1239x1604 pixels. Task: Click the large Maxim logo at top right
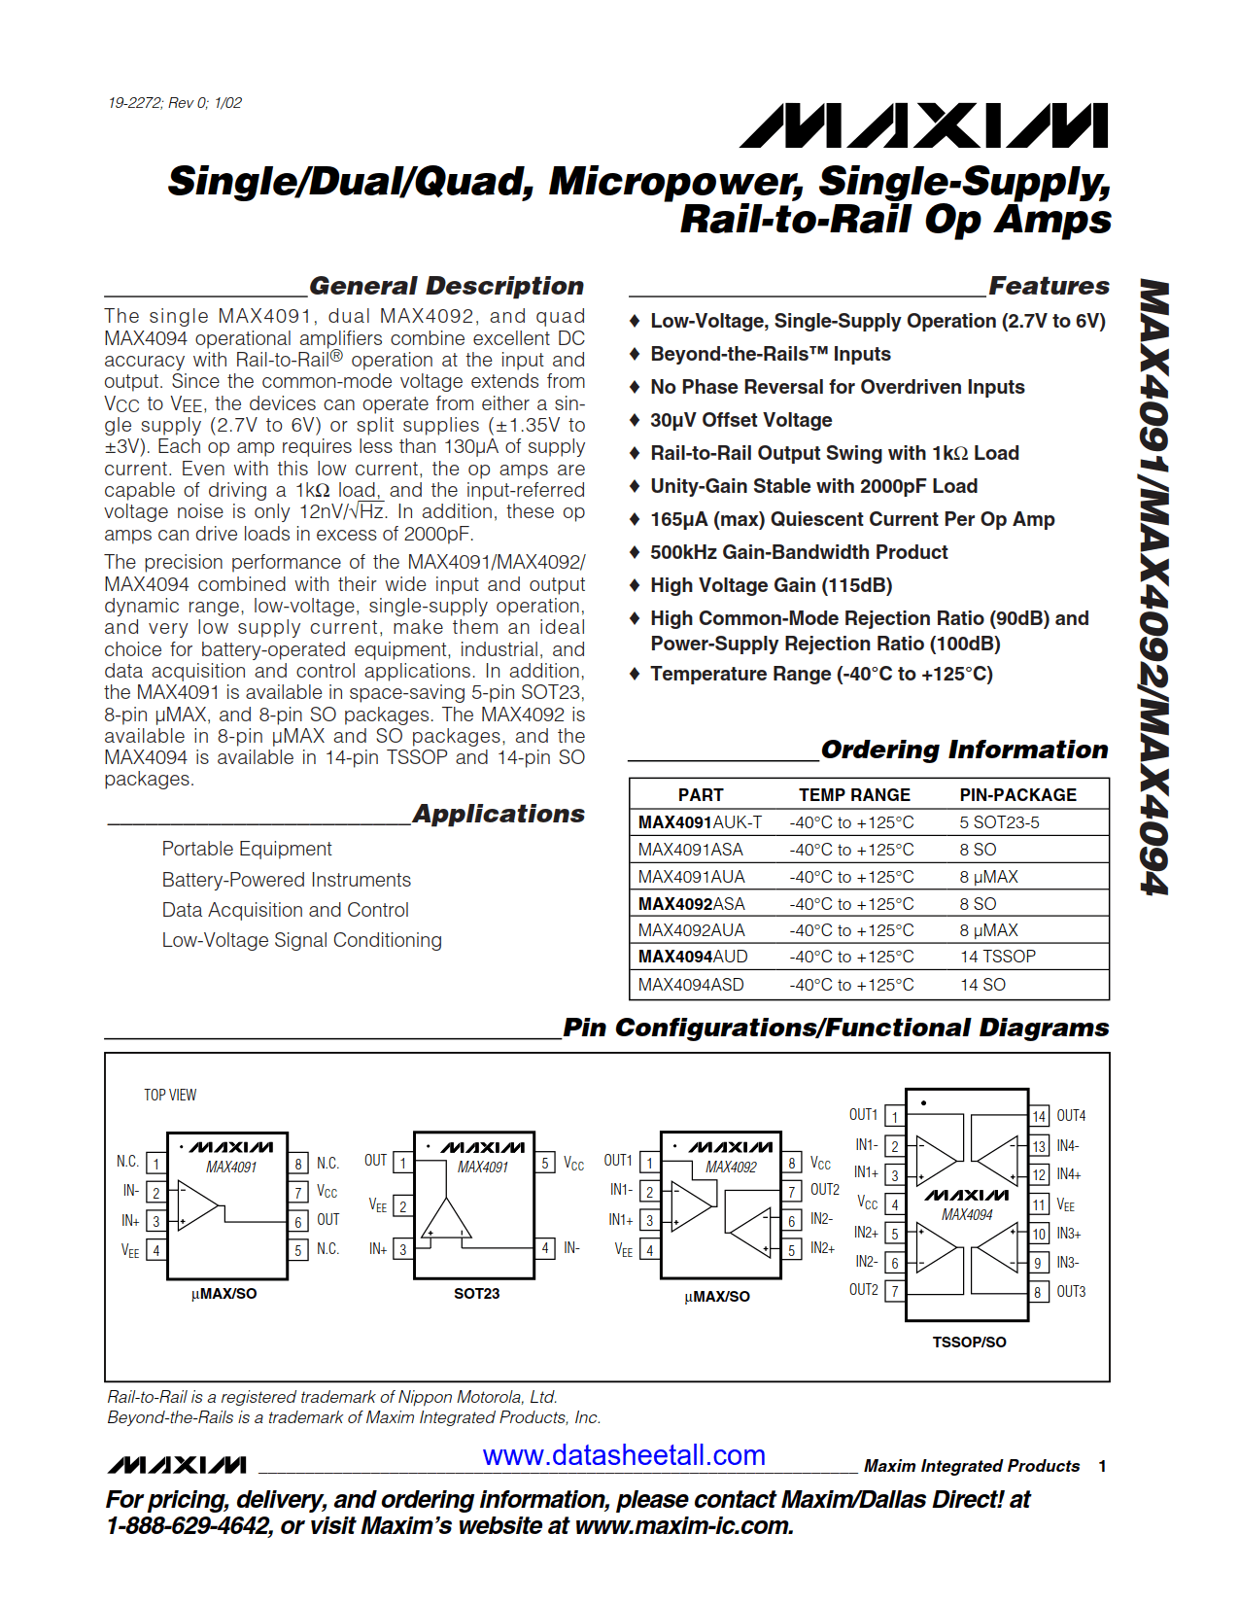coord(923,126)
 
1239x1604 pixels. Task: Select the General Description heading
coord(446,286)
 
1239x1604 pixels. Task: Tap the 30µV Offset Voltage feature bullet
coord(740,420)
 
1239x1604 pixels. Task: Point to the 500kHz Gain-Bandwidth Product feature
coord(799,552)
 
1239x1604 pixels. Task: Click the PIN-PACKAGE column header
coord(1017,795)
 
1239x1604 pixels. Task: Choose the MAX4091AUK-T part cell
coord(700,822)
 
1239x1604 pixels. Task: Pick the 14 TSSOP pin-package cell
coord(998,957)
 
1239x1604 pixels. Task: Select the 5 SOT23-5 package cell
coord(999,822)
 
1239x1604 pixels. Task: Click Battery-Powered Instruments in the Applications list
coord(286,880)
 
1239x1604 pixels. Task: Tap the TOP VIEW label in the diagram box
coord(170,1096)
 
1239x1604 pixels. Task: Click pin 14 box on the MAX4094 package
coord(1039,1117)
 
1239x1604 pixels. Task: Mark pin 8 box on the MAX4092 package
coord(792,1163)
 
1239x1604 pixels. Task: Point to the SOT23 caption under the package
coord(476,1294)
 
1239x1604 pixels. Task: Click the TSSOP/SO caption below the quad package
coord(969,1342)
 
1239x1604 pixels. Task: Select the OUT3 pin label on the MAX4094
coord(1071,1292)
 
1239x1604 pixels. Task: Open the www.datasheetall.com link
coord(624,1455)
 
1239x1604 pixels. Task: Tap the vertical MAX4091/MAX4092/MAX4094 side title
coord(1154,587)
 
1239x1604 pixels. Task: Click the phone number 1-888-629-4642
coord(188,1526)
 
